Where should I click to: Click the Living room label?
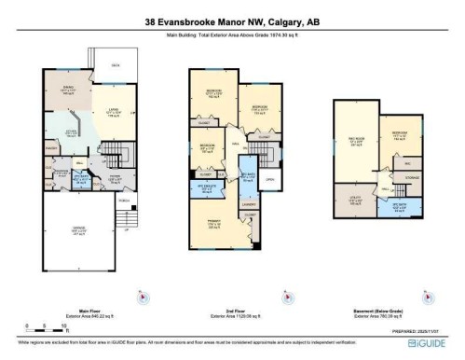click(x=111, y=110)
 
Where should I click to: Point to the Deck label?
click(x=115, y=65)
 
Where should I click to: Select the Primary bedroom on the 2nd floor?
click(x=213, y=224)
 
